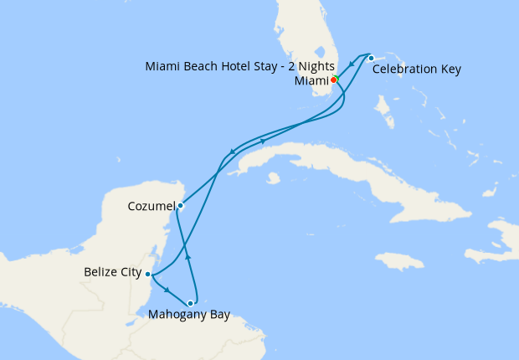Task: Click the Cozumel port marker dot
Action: pos(180,204)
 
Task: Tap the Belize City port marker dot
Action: pos(147,274)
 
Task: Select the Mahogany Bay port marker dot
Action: pos(191,303)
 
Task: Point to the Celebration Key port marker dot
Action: pos(371,58)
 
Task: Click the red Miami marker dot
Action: pos(332,80)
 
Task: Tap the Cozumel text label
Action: pos(152,205)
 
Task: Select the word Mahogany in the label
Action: pos(178,316)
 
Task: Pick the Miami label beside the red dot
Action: pos(311,81)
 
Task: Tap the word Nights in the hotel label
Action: pos(316,66)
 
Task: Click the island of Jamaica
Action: pos(399,260)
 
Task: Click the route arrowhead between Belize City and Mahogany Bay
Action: pos(167,290)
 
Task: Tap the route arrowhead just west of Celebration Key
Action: pos(352,64)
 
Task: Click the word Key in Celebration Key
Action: pos(450,69)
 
